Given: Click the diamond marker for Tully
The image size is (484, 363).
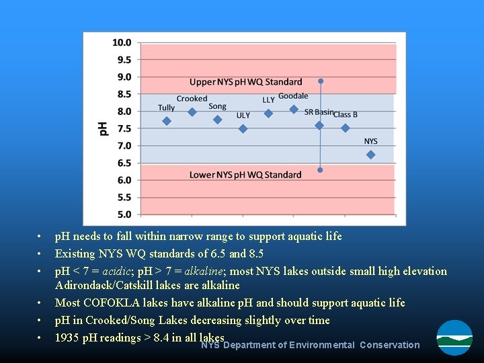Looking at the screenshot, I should click(x=167, y=121).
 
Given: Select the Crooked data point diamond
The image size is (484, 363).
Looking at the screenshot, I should click(x=192, y=112).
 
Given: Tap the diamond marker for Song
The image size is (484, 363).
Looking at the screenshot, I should click(x=217, y=120).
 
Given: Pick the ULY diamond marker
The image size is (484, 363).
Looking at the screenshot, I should click(x=243, y=128).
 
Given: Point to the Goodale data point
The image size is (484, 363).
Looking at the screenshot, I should click(x=294, y=109).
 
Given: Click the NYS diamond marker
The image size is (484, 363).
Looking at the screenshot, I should click(x=370, y=155).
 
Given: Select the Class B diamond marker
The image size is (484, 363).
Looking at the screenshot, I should click(x=345, y=128).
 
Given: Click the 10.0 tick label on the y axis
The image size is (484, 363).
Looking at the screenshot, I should click(x=122, y=42).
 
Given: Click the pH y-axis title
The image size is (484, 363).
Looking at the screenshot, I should click(x=103, y=128).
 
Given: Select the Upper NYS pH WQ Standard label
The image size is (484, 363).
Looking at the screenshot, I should click(x=245, y=82).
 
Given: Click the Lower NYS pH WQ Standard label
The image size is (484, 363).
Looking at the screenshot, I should click(x=245, y=175).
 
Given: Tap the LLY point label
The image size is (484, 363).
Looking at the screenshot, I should click(x=268, y=100).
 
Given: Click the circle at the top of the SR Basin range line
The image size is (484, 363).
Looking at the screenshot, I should click(x=321, y=81).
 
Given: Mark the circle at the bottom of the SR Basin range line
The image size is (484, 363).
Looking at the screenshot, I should click(x=320, y=170).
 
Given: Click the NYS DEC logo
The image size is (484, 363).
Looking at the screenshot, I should click(x=454, y=337).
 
